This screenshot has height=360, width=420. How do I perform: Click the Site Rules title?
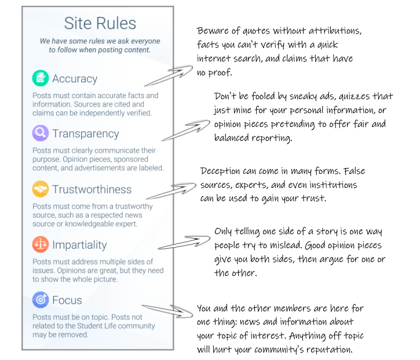pos(100,23)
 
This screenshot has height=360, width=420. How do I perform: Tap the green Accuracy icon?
pos(41,78)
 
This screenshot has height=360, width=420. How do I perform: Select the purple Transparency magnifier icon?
pos(41,133)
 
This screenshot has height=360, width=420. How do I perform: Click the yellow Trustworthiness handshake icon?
pos(41,189)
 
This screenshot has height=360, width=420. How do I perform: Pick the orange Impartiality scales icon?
pos(41,244)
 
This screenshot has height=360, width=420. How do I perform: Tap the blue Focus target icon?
pos(41,300)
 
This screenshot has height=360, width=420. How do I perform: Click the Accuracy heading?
pos(75,79)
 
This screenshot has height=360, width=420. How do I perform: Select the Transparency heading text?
pos(85,134)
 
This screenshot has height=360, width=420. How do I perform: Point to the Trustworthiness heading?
pos(92,189)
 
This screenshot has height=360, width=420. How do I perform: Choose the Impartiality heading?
pos(79,245)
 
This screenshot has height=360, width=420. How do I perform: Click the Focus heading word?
pos(67,300)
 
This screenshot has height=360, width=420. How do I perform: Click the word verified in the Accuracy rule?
pos(139,113)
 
